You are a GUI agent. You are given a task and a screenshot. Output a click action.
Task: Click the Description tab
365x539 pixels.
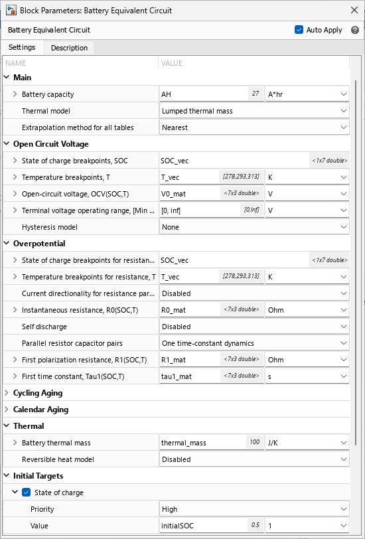[69, 48]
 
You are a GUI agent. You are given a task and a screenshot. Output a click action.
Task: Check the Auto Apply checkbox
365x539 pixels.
[299, 30]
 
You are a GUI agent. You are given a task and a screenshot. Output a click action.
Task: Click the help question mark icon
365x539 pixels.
[355, 30]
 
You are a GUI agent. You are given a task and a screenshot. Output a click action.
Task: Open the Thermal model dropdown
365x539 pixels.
[254, 111]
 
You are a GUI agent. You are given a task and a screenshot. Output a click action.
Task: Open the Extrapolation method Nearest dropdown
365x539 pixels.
[254, 127]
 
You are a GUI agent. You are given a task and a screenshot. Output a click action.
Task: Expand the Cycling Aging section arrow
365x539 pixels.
[7, 393]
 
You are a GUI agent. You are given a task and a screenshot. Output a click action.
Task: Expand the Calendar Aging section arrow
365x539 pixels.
[7, 410]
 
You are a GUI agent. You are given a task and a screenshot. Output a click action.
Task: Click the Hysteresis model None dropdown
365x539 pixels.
[254, 227]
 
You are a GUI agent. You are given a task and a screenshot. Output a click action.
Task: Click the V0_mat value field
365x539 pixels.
[189, 194]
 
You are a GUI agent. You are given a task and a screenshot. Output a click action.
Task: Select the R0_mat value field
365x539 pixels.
[189, 310]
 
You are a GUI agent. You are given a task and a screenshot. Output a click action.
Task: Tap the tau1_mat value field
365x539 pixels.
[189, 376]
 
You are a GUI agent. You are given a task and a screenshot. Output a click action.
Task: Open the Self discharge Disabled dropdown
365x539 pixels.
[254, 327]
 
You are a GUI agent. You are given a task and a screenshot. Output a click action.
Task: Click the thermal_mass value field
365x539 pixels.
[199, 443]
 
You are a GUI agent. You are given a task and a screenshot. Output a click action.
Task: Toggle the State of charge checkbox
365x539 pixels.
[27, 493]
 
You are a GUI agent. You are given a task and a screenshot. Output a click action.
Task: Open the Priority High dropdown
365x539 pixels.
[254, 509]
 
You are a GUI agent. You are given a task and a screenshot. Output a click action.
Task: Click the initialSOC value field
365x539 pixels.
[199, 526]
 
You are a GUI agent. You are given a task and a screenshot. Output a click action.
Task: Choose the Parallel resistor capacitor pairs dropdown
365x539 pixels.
[254, 343]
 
